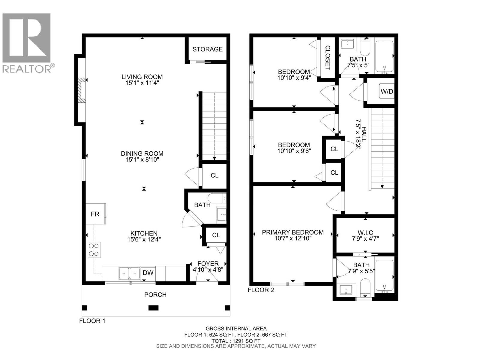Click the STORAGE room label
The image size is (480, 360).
207,49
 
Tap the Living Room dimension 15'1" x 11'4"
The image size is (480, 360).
142,83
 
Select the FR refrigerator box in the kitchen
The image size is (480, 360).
95,214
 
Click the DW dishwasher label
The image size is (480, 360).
148,273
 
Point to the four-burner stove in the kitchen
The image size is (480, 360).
94,250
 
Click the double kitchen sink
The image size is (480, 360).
129,273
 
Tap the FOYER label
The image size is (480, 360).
208,263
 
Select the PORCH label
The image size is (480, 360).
155,295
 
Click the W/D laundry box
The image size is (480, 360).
387,91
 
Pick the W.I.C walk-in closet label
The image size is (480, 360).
365,233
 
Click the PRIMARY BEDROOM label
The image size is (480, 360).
292,232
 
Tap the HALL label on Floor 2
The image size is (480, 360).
364,134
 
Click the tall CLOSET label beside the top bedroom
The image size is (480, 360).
328,58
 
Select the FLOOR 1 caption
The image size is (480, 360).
92,321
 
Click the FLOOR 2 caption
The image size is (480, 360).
261,290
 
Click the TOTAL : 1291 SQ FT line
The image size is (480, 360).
236,341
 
